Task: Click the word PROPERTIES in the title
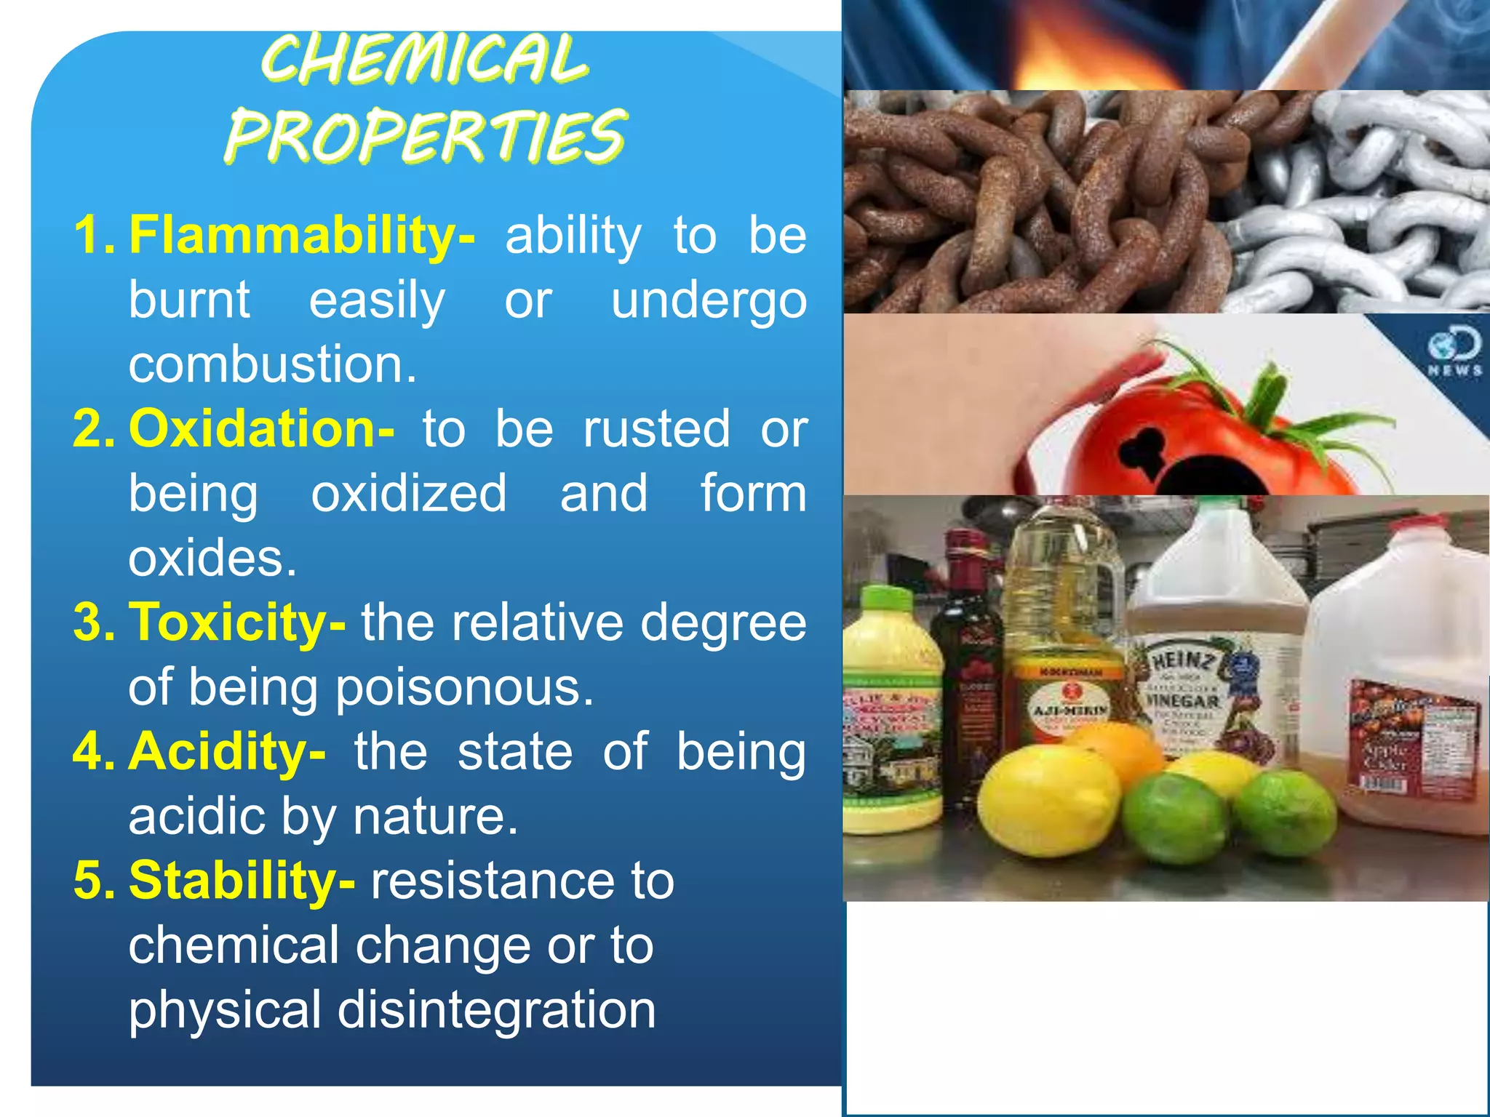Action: pos(425,137)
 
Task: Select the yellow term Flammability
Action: pos(301,236)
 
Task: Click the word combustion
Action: pos(273,364)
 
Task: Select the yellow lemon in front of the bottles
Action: pos(1048,800)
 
